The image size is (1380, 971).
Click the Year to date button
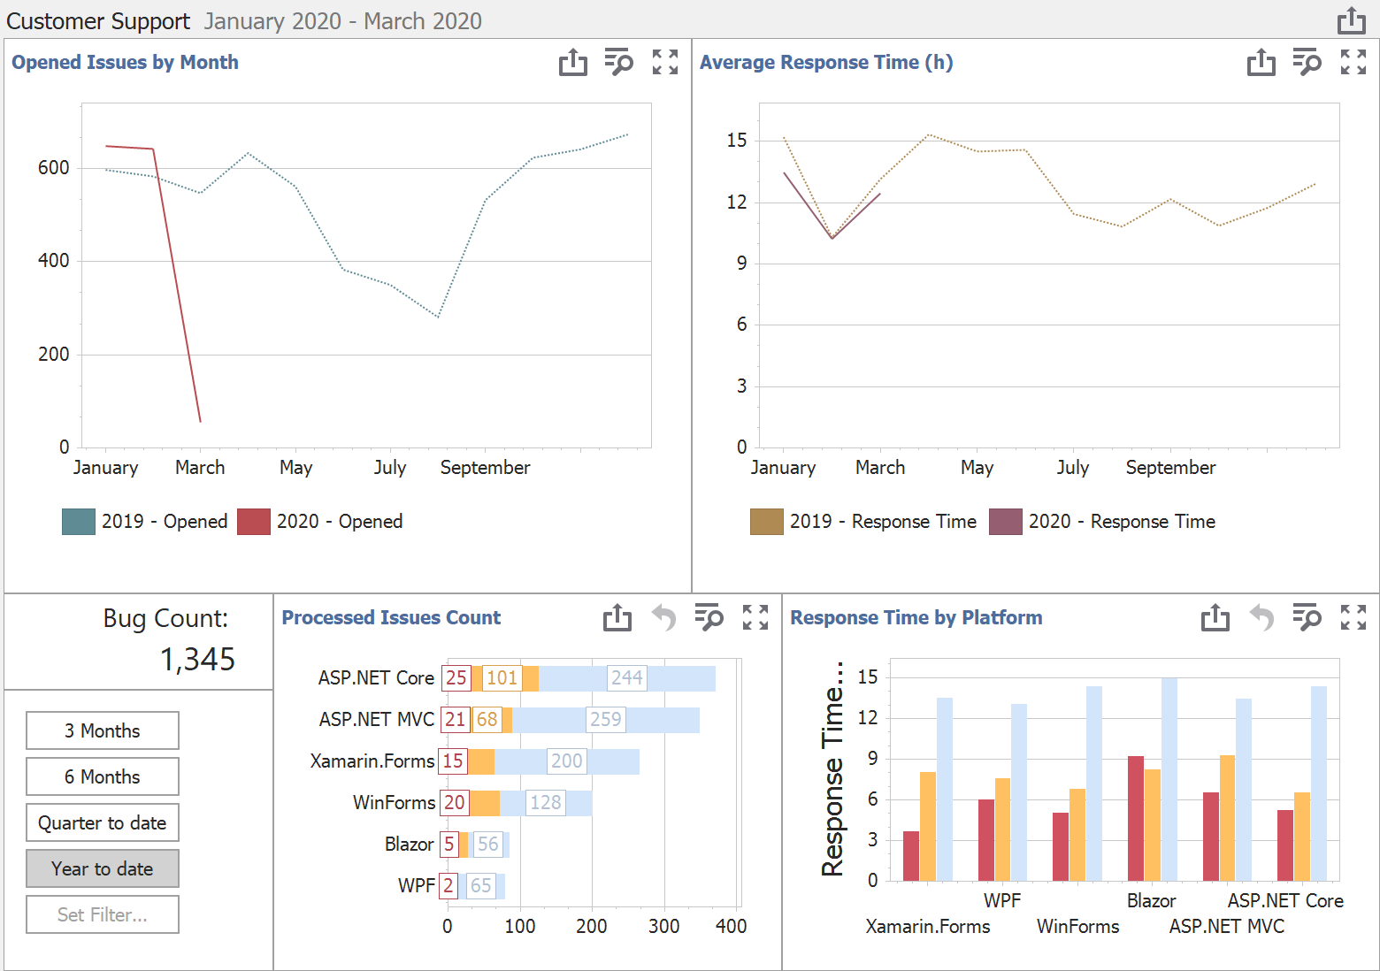(103, 868)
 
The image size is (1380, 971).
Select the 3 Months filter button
(103, 730)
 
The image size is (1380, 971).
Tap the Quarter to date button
(103, 822)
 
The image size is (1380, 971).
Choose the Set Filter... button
(103, 914)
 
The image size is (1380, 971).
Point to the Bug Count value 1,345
(197, 659)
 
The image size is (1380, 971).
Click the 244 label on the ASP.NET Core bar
(627, 677)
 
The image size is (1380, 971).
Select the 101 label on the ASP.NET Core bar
(502, 677)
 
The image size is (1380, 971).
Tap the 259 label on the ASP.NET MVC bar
(606, 719)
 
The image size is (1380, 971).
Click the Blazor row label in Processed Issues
(409, 844)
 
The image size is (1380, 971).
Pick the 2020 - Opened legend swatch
(254, 522)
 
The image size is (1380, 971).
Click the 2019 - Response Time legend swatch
(766, 522)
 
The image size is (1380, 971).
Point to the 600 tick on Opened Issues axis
(53, 168)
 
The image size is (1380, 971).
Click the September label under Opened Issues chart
(485, 468)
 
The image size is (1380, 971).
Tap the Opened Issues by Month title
(125, 62)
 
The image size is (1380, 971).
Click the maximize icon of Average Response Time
(1353, 62)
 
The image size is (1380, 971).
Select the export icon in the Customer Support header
(1351, 20)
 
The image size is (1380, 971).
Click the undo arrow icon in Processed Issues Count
(663, 617)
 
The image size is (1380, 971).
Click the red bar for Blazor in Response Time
(1136, 818)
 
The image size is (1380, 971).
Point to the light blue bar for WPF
(1019, 791)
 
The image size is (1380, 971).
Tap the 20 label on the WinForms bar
(454, 802)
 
